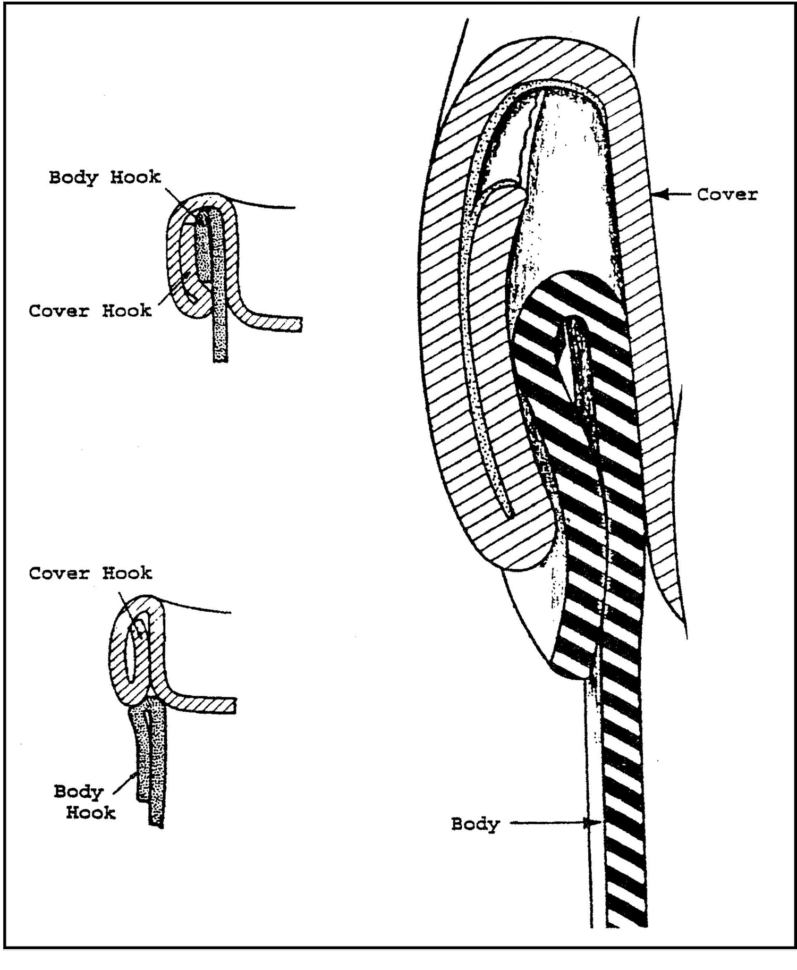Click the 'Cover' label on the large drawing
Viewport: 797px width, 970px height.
pyautogui.click(x=727, y=195)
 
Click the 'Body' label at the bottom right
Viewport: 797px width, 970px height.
pyautogui.click(x=476, y=824)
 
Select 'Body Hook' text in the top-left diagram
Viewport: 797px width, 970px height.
pyautogui.click(x=105, y=177)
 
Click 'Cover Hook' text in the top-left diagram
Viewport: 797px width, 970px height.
pyautogui.click(x=90, y=310)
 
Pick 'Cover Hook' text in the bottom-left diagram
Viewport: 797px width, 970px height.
pyautogui.click(x=90, y=573)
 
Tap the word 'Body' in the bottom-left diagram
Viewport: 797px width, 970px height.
pyautogui.click(x=78, y=791)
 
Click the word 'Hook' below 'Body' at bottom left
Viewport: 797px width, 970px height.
pyautogui.click(x=90, y=813)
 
